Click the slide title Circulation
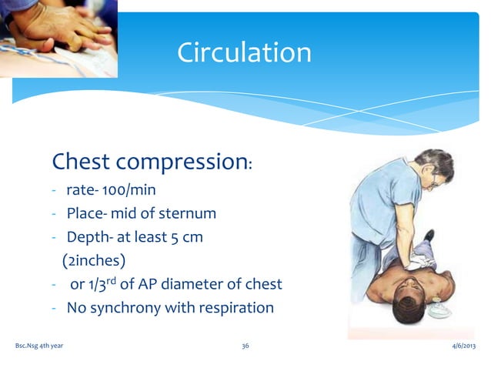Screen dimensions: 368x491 [244, 52]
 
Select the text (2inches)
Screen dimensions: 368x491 [92, 260]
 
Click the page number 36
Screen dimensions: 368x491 [245, 346]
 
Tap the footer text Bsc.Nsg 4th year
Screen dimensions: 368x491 [39, 346]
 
